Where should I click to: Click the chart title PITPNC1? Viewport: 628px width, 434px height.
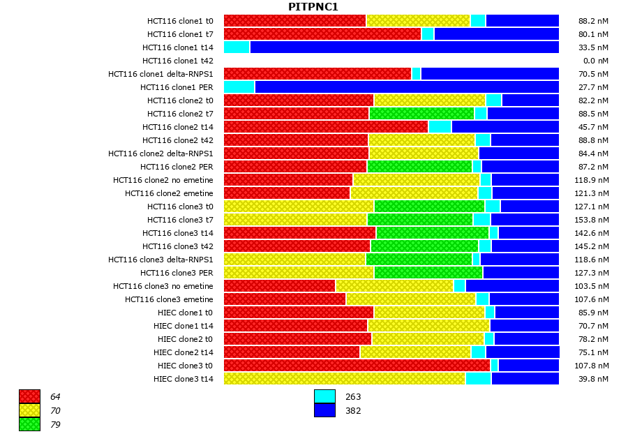(x=313, y=7)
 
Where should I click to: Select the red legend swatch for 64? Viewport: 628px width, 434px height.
(x=29, y=396)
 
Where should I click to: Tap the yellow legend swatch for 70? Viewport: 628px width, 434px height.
(x=29, y=410)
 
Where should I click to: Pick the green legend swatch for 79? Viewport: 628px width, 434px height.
(x=29, y=424)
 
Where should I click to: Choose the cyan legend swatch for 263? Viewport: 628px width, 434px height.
(x=324, y=396)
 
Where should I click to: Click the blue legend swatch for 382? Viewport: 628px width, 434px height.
(x=324, y=410)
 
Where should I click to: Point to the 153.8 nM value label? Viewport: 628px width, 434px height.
(x=594, y=220)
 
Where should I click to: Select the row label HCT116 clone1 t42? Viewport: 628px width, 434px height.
(x=178, y=61)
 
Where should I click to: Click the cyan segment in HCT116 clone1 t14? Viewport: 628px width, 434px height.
(x=237, y=47)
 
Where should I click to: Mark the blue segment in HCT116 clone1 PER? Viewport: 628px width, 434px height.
(x=407, y=87)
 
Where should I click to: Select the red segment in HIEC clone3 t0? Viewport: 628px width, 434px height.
(x=357, y=366)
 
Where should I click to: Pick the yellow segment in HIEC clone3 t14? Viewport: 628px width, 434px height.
(x=344, y=379)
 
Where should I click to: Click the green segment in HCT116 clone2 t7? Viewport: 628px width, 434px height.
(x=421, y=114)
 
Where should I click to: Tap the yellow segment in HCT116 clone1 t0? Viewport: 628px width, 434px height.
(x=418, y=21)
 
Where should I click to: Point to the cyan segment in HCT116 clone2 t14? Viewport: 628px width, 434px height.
(x=440, y=127)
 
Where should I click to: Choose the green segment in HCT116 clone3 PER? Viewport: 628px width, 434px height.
(x=428, y=273)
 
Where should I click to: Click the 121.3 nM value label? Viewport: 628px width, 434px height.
(x=594, y=193)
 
